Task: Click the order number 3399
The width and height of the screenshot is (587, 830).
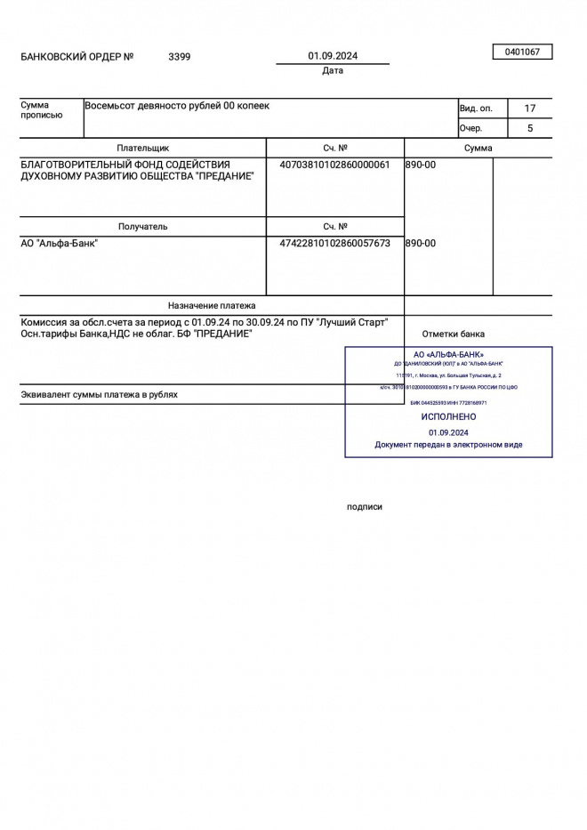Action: click(x=179, y=57)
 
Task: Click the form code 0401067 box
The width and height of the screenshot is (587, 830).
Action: click(x=522, y=52)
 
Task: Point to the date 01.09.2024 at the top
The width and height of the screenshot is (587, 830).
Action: click(x=333, y=56)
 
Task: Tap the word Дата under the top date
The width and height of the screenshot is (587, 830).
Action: click(x=333, y=71)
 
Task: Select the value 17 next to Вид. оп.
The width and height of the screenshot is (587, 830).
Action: click(x=530, y=109)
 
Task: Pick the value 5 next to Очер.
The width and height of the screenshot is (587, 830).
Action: click(x=530, y=128)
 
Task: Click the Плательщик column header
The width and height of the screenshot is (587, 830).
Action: click(x=142, y=149)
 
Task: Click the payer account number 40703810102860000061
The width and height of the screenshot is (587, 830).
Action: click(x=334, y=165)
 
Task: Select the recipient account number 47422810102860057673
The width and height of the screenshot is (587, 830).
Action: click(x=334, y=243)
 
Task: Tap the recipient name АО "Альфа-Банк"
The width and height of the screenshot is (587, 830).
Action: click(x=60, y=243)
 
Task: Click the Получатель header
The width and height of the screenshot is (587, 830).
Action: click(x=142, y=227)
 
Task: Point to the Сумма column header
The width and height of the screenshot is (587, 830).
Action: click(x=478, y=149)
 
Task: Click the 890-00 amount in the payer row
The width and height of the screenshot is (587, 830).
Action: click(x=421, y=165)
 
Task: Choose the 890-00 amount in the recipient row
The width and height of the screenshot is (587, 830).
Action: click(x=421, y=243)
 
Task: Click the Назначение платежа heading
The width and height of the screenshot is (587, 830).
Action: click(x=212, y=305)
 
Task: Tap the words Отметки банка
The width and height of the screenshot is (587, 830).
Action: click(x=454, y=334)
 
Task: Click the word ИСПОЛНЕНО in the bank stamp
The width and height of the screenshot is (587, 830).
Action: click(x=448, y=416)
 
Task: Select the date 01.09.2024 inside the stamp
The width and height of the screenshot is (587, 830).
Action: click(x=448, y=431)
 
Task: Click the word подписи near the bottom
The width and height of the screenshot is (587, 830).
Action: click(x=365, y=507)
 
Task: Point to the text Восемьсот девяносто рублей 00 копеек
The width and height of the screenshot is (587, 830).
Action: click(x=177, y=106)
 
